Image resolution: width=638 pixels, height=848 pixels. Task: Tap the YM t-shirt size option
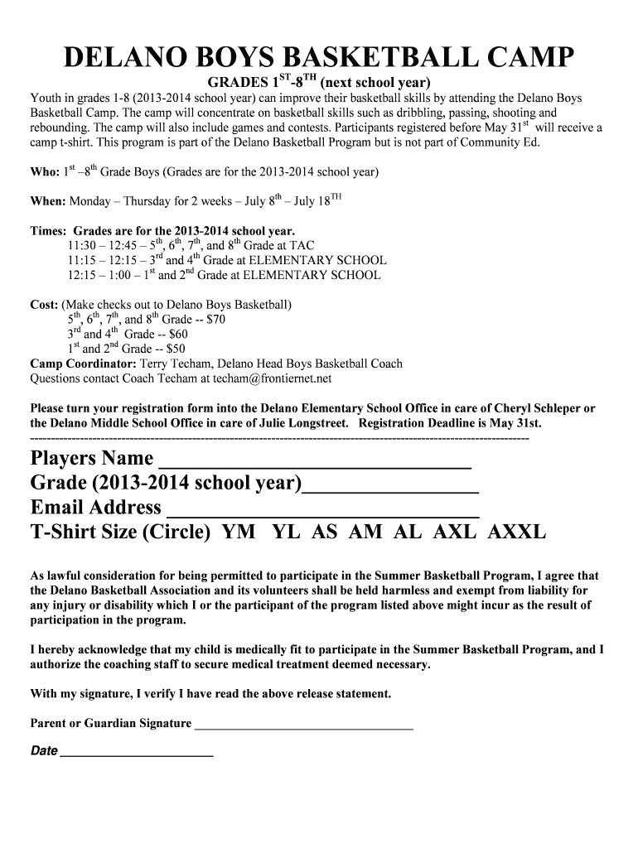click(239, 532)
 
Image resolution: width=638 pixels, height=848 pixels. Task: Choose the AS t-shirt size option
click(324, 532)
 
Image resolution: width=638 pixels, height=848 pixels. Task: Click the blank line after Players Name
click(314, 460)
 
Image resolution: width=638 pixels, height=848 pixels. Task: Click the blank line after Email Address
click(323, 508)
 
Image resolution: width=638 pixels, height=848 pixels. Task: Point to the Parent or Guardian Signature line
click(303, 724)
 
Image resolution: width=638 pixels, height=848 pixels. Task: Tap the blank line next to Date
click(137, 752)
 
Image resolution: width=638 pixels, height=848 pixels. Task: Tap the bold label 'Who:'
click(45, 174)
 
